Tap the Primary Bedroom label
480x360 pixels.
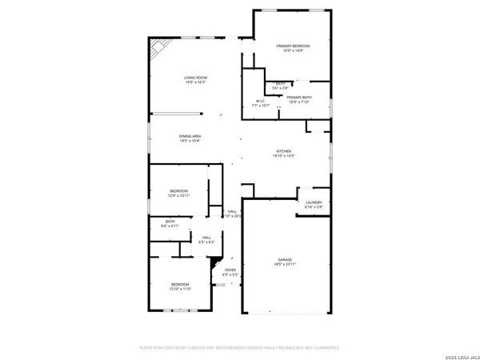pyautogui.click(x=293, y=46)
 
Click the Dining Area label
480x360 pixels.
pyautogui.click(x=190, y=137)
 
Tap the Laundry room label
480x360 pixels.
pyautogui.click(x=313, y=202)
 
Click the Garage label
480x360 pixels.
pyautogui.click(x=285, y=260)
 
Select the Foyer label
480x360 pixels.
pyautogui.click(x=230, y=270)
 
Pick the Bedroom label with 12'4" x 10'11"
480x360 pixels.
pyautogui.click(x=178, y=190)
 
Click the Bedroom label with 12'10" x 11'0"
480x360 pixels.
pyautogui.click(x=180, y=284)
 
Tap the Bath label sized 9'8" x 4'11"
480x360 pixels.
pyautogui.click(x=170, y=222)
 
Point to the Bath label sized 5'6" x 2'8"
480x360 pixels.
pyautogui.click(x=280, y=82)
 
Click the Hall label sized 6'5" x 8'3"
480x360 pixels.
pyautogui.click(x=206, y=238)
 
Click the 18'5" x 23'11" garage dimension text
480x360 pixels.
pyautogui.click(x=285, y=265)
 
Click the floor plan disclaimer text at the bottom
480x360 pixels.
pyautogui.click(x=240, y=348)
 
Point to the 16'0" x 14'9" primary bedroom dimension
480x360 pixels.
pyautogui.click(x=293, y=52)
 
